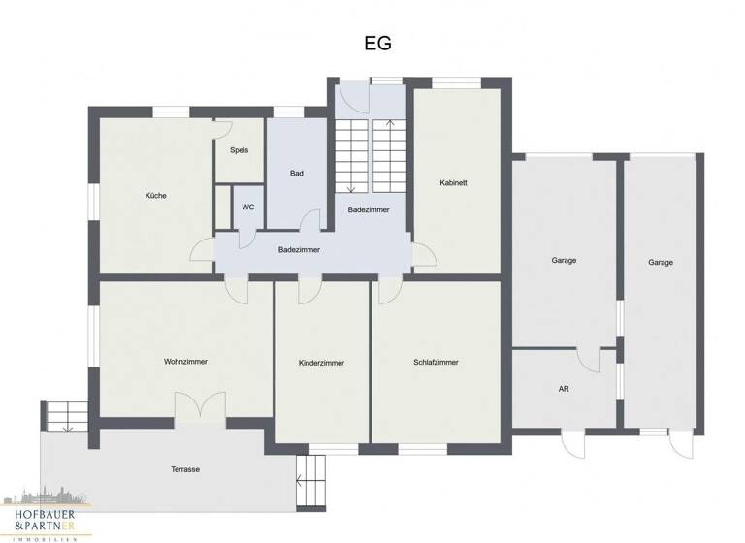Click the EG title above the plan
[377, 44]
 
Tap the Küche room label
[155, 196]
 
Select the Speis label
[239, 150]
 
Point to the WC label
[248, 207]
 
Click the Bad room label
[297, 174]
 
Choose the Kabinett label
[453, 182]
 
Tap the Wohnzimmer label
[185, 362]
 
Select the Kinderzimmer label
[321, 363]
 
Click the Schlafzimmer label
[436, 362]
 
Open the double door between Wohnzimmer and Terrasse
[200, 407]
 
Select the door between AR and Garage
[589, 358]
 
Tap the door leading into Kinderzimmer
[309, 288]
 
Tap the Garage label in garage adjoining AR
[564, 261]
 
